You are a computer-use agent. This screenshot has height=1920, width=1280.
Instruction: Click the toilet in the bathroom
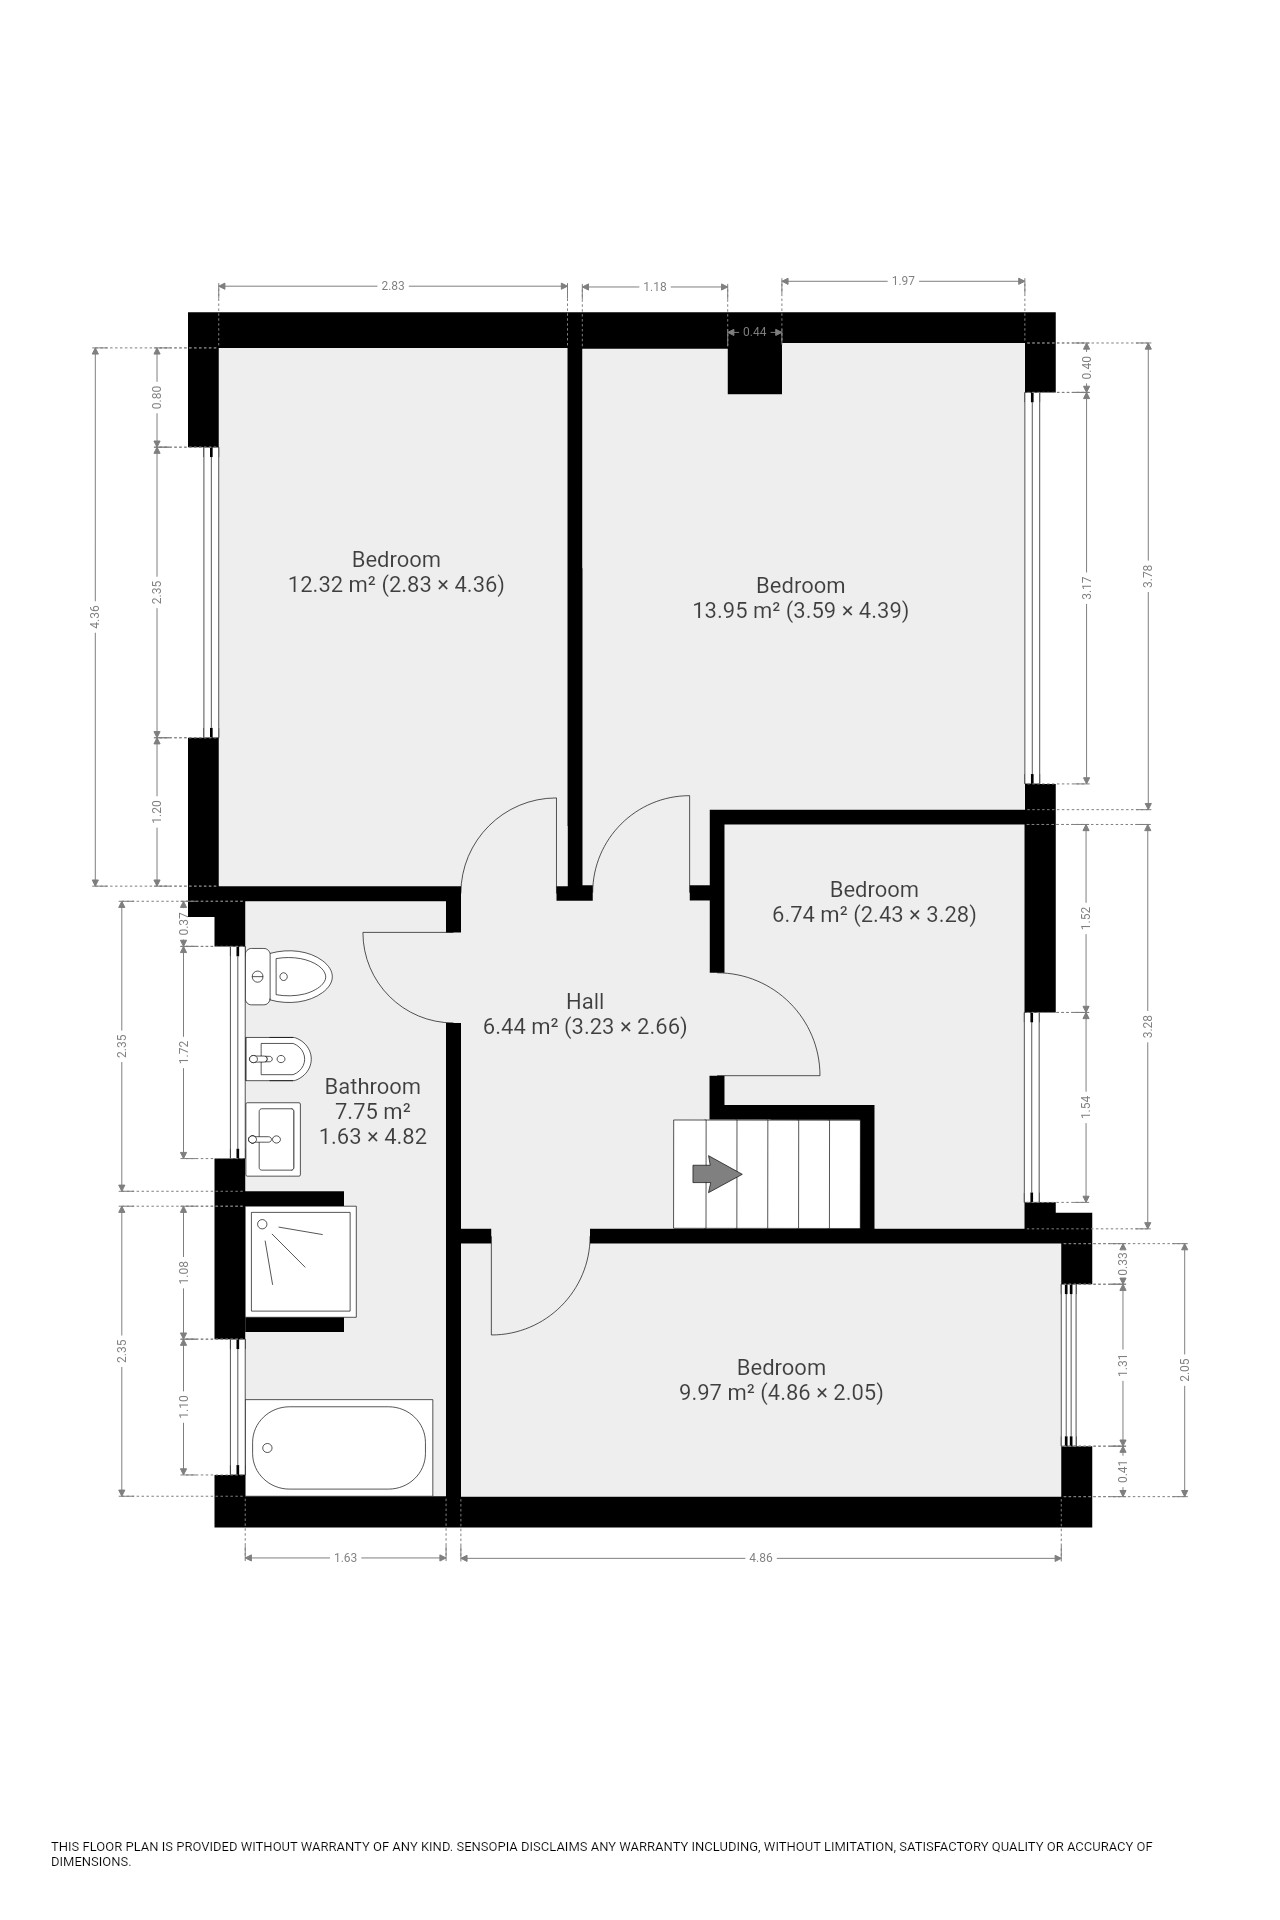pos(288,977)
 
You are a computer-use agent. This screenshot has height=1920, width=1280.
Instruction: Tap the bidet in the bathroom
pos(278,1059)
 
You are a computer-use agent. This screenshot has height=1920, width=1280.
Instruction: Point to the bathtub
pos(339,1447)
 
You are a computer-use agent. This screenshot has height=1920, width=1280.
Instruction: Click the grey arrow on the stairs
pos(715,1174)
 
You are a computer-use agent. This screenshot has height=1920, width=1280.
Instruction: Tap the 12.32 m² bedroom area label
pos(396,584)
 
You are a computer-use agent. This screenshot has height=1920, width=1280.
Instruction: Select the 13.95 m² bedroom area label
pos(801,610)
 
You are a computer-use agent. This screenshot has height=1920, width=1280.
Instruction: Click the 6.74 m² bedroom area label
pos(874,914)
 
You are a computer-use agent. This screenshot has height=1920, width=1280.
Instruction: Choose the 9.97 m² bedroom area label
pos(781,1392)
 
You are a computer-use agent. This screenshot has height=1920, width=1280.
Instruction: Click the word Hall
pos(585,1001)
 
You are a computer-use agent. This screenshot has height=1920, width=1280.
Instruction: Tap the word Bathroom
pos(372,1086)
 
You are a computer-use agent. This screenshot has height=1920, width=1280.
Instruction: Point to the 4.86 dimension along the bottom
pos(760,1557)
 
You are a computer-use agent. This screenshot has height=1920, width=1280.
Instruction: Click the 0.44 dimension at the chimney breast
pos(754,332)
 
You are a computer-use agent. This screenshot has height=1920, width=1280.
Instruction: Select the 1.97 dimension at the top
pos(903,281)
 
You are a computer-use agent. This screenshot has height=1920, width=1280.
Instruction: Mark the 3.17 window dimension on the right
pos(1087,588)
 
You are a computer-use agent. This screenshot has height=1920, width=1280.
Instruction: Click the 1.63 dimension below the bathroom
pos(345,1557)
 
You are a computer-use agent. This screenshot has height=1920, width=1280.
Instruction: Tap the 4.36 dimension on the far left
pos(95,617)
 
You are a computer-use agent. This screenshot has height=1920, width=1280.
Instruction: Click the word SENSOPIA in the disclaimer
pos(491,1847)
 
